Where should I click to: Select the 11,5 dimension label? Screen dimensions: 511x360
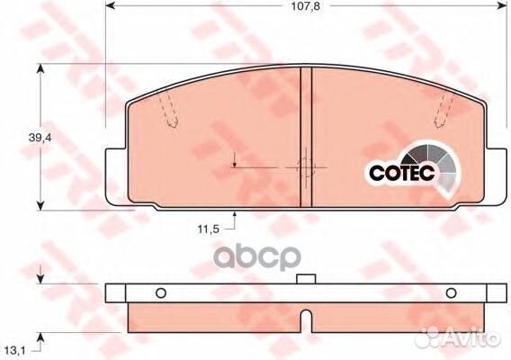click(208, 229)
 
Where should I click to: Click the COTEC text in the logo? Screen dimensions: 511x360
click(402, 172)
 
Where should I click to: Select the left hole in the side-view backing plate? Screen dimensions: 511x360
click(161, 293)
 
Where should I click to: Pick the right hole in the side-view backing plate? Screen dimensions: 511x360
click(451, 293)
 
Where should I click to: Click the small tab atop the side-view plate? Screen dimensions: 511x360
click(306, 279)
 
